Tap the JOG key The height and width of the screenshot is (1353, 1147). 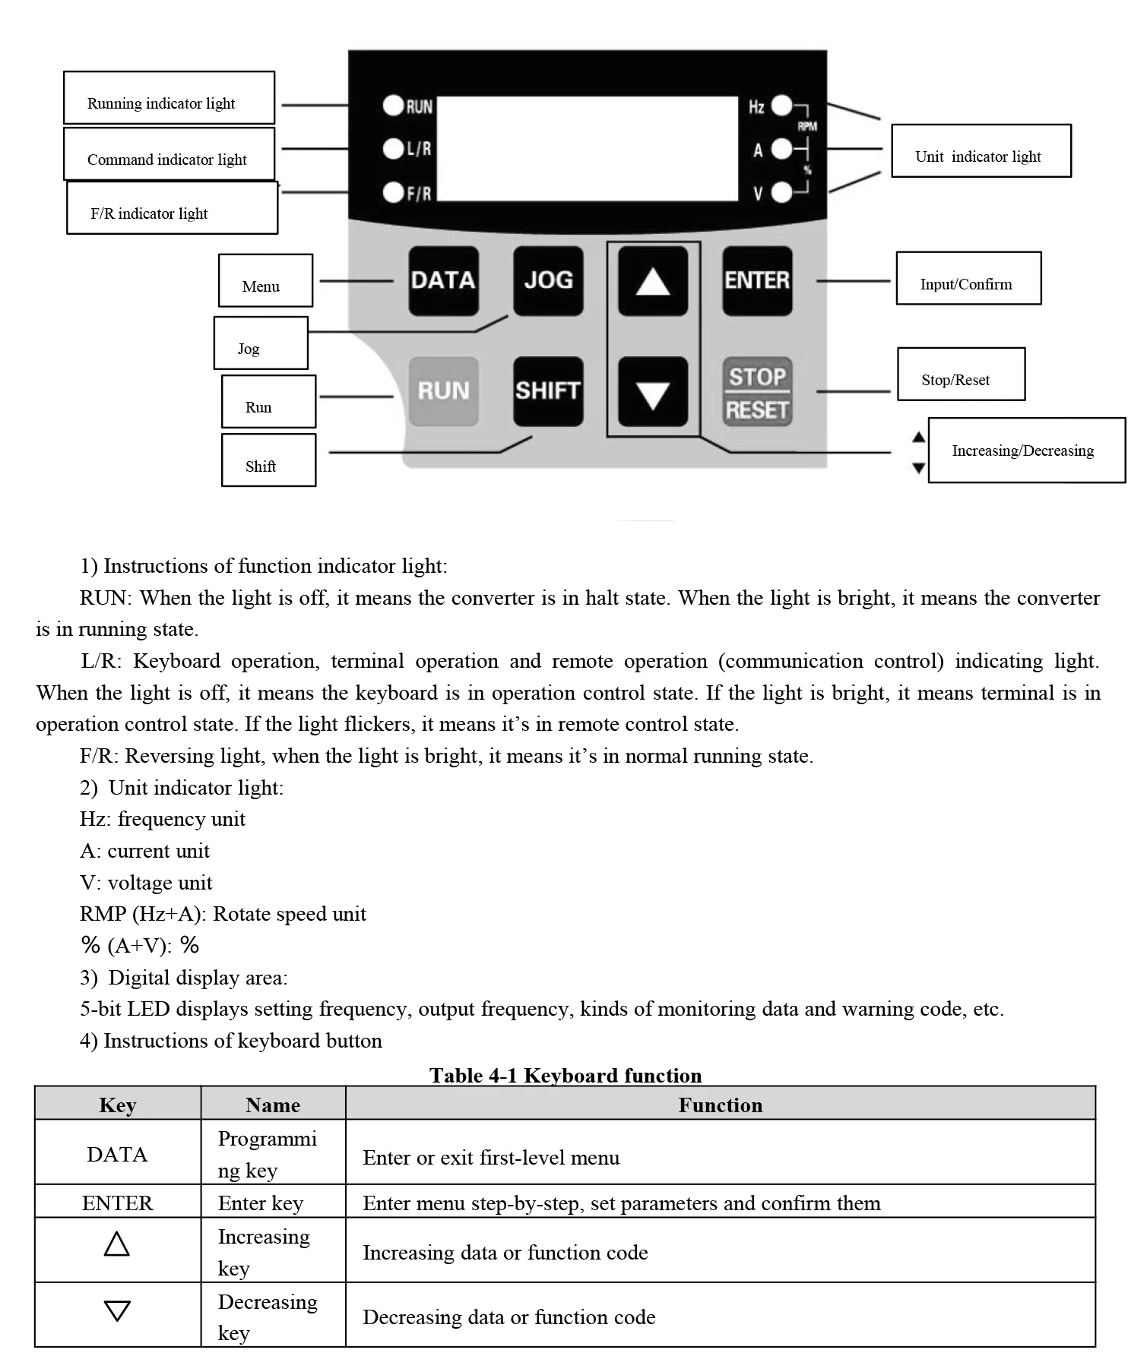click(548, 280)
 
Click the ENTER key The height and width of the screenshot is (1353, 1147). click(757, 280)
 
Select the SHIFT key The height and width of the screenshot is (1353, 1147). click(548, 390)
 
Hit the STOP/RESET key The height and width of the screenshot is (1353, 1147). click(757, 392)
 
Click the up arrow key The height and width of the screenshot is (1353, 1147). click(653, 280)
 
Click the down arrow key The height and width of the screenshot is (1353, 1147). click(653, 392)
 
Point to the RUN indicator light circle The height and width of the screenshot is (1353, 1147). click(393, 106)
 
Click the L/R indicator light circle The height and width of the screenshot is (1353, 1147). click(393, 149)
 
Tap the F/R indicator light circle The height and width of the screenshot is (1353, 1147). click(393, 193)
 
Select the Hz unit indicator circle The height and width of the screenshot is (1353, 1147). click(781, 106)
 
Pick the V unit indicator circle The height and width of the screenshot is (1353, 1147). click(781, 193)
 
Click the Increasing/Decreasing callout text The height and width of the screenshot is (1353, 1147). click(1022, 450)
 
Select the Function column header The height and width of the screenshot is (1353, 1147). click(720, 1105)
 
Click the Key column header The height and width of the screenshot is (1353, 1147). click(118, 1105)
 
